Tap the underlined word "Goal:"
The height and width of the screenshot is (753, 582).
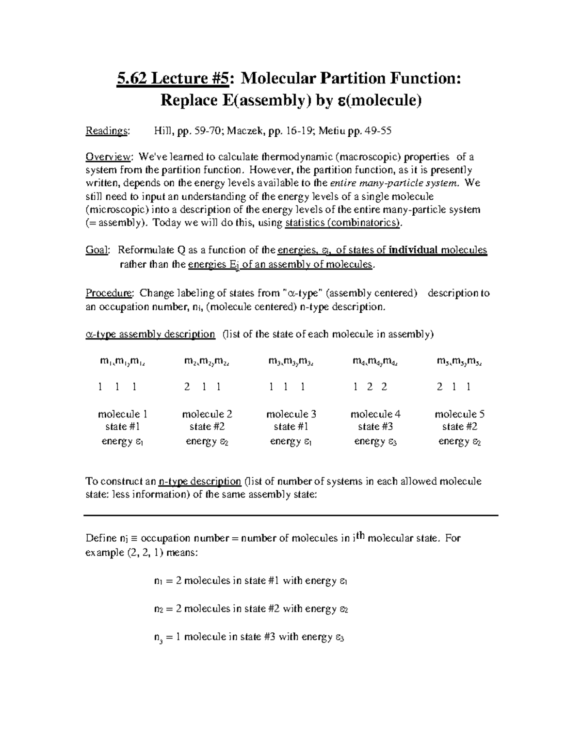click(x=98, y=250)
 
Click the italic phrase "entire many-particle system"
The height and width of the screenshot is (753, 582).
click(x=393, y=183)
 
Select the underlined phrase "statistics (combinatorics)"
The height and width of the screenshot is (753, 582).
click(x=343, y=223)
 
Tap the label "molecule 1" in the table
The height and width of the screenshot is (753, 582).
click(x=123, y=414)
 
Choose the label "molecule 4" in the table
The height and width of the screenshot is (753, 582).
click(x=375, y=414)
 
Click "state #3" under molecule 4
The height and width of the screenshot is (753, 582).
click(x=375, y=427)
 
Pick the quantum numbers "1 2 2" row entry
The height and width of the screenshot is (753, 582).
click(x=371, y=387)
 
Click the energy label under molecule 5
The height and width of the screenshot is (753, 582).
click(x=459, y=441)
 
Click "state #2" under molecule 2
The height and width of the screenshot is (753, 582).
click(x=207, y=427)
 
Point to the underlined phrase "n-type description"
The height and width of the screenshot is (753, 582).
click(x=200, y=481)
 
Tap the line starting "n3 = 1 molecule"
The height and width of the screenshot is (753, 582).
click(x=248, y=637)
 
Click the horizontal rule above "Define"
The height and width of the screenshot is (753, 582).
click(x=291, y=515)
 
